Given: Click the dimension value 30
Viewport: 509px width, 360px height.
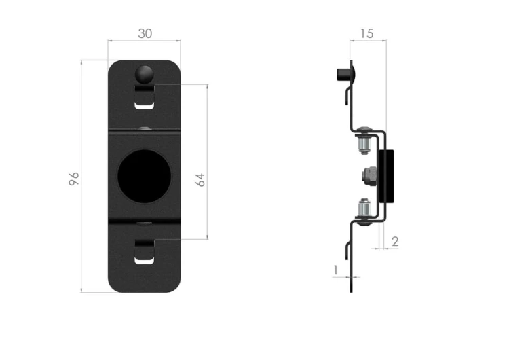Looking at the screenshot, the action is coord(145,33).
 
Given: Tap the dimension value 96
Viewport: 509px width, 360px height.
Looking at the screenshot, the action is coord(74,179).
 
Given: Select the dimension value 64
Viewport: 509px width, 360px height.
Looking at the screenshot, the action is coord(200,180).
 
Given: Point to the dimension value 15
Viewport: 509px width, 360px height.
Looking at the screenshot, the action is coord(366,33).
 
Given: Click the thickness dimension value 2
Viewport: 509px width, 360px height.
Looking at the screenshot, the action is coord(395,241).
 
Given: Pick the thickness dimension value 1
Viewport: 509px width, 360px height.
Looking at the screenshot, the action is coord(336,270).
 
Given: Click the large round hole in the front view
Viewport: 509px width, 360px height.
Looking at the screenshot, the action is coord(144,177).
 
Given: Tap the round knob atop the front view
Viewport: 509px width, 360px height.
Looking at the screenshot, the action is coord(144,75).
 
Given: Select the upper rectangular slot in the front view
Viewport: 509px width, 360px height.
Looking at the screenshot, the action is coord(144,96).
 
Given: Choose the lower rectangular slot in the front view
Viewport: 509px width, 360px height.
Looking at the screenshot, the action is coord(144,252).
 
